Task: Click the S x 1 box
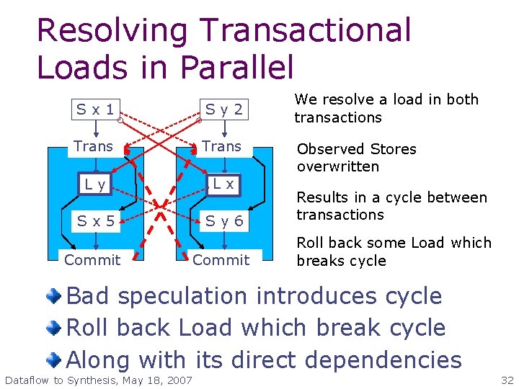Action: (x=97, y=110)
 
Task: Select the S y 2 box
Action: (x=224, y=110)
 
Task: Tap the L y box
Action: (x=94, y=184)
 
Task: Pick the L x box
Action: (x=223, y=184)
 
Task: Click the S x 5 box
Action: (x=97, y=221)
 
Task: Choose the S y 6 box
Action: (x=224, y=221)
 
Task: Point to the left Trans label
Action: (x=94, y=146)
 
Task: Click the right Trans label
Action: (x=222, y=146)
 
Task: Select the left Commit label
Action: (x=92, y=259)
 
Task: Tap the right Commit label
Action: (x=221, y=259)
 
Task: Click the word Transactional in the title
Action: (x=306, y=30)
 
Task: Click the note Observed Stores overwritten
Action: (x=357, y=158)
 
